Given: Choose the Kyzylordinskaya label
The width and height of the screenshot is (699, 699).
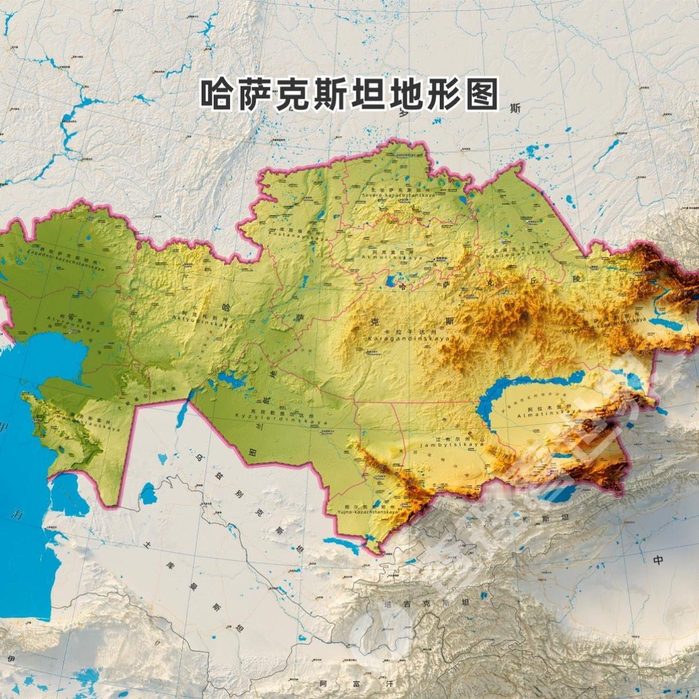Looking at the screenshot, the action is (281, 420).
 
